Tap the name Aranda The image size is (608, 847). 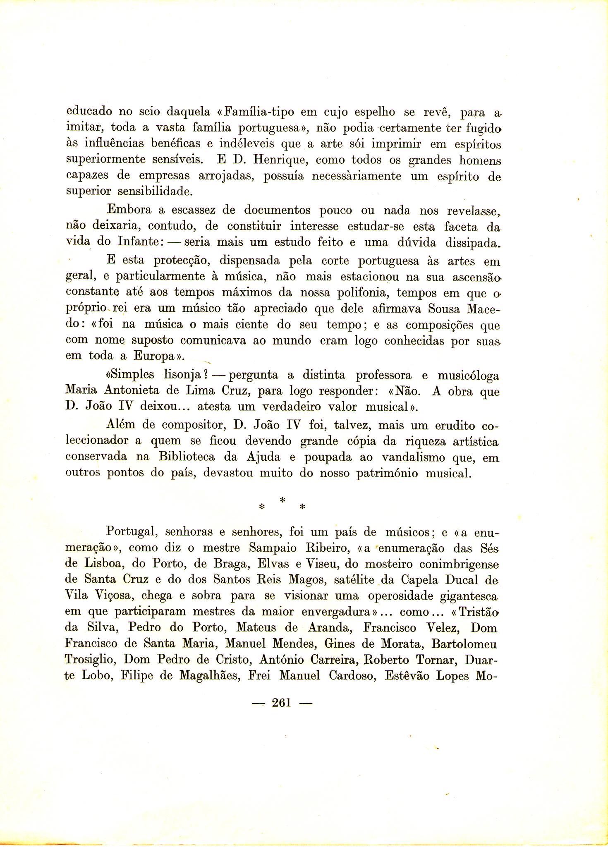coord(330,627)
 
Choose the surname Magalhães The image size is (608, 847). coord(210,676)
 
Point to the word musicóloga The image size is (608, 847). coord(468,376)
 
